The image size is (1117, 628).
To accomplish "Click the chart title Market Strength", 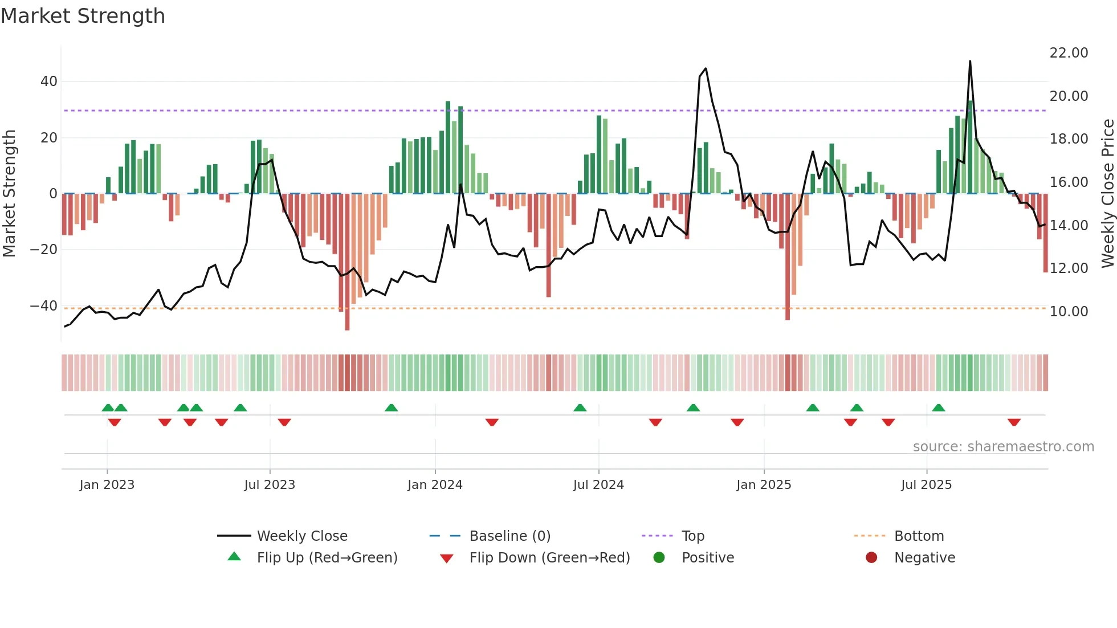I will pos(83,16).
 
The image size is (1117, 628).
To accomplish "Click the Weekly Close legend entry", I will pos(301,536).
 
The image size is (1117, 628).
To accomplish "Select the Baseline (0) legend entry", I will pos(509,536).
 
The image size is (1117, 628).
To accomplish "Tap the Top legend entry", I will pos(692,536).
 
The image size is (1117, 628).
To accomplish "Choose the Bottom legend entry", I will pos(919,536).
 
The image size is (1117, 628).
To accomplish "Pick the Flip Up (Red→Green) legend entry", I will pos(327,557).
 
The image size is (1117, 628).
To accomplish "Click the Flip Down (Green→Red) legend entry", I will pos(549,557).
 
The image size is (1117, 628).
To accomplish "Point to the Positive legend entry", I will pos(707,557).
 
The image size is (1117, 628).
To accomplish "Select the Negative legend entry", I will pos(924,557).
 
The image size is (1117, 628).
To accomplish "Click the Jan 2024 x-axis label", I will pos(435,485).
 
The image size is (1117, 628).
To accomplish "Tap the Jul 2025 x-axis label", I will pos(926,485).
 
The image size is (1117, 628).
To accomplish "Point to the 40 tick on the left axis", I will pos(49,81).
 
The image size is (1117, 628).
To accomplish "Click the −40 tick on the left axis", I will pos(44,306).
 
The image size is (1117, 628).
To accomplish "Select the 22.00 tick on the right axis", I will pos(1069,53).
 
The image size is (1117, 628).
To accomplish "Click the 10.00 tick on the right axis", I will pos(1069,311).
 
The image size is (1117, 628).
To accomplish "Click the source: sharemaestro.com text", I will pos(1003,447).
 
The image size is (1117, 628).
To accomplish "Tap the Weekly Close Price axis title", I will pos(1107,193).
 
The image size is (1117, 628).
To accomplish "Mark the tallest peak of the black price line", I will pos(970,62).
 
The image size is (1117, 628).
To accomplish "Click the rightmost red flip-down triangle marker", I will pos(1014,422).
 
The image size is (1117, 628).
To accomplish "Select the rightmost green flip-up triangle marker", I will pos(939,407).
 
